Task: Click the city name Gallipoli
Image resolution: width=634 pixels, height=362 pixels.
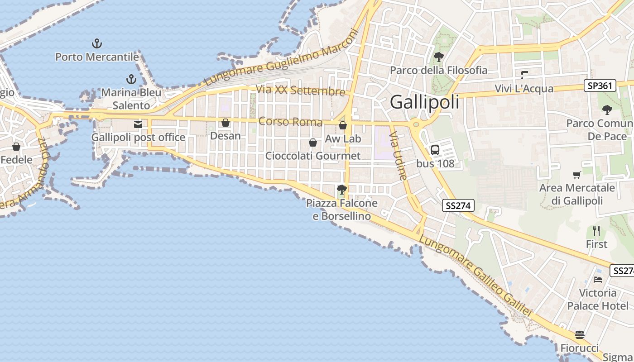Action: (x=424, y=102)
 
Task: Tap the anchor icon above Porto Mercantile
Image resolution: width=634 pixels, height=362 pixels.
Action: (x=97, y=44)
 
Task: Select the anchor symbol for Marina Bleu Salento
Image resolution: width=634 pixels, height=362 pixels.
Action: (x=131, y=80)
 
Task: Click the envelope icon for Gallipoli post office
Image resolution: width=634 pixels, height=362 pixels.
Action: (x=138, y=124)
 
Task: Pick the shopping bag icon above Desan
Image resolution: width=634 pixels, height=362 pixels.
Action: (x=226, y=123)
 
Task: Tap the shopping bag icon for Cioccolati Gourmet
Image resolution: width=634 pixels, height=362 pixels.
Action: (x=312, y=143)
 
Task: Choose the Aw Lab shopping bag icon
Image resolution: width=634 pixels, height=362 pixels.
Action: (x=343, y=125)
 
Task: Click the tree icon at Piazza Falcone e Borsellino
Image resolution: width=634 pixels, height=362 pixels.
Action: (x=342, y=190)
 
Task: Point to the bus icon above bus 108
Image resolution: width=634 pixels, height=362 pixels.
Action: (x=435, y=150)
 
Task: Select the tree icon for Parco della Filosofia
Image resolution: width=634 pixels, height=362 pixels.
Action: (x=438, y=57)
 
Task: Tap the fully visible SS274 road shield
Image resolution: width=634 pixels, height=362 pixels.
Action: (x=458, y=206)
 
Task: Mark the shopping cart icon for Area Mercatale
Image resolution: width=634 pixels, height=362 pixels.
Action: (x=576, y=175)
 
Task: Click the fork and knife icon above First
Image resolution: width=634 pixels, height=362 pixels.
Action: (x=596, y=231)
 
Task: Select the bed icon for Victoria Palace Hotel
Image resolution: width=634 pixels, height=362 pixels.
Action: (x=598, y=280)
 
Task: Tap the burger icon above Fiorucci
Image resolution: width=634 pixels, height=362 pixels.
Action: (x=580, y=335)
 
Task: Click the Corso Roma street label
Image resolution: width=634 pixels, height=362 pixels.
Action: (x=290, y=122)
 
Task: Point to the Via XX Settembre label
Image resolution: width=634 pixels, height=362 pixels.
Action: (x=300, y=90)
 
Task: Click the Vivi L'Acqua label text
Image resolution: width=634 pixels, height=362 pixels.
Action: (x=524, y=89)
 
